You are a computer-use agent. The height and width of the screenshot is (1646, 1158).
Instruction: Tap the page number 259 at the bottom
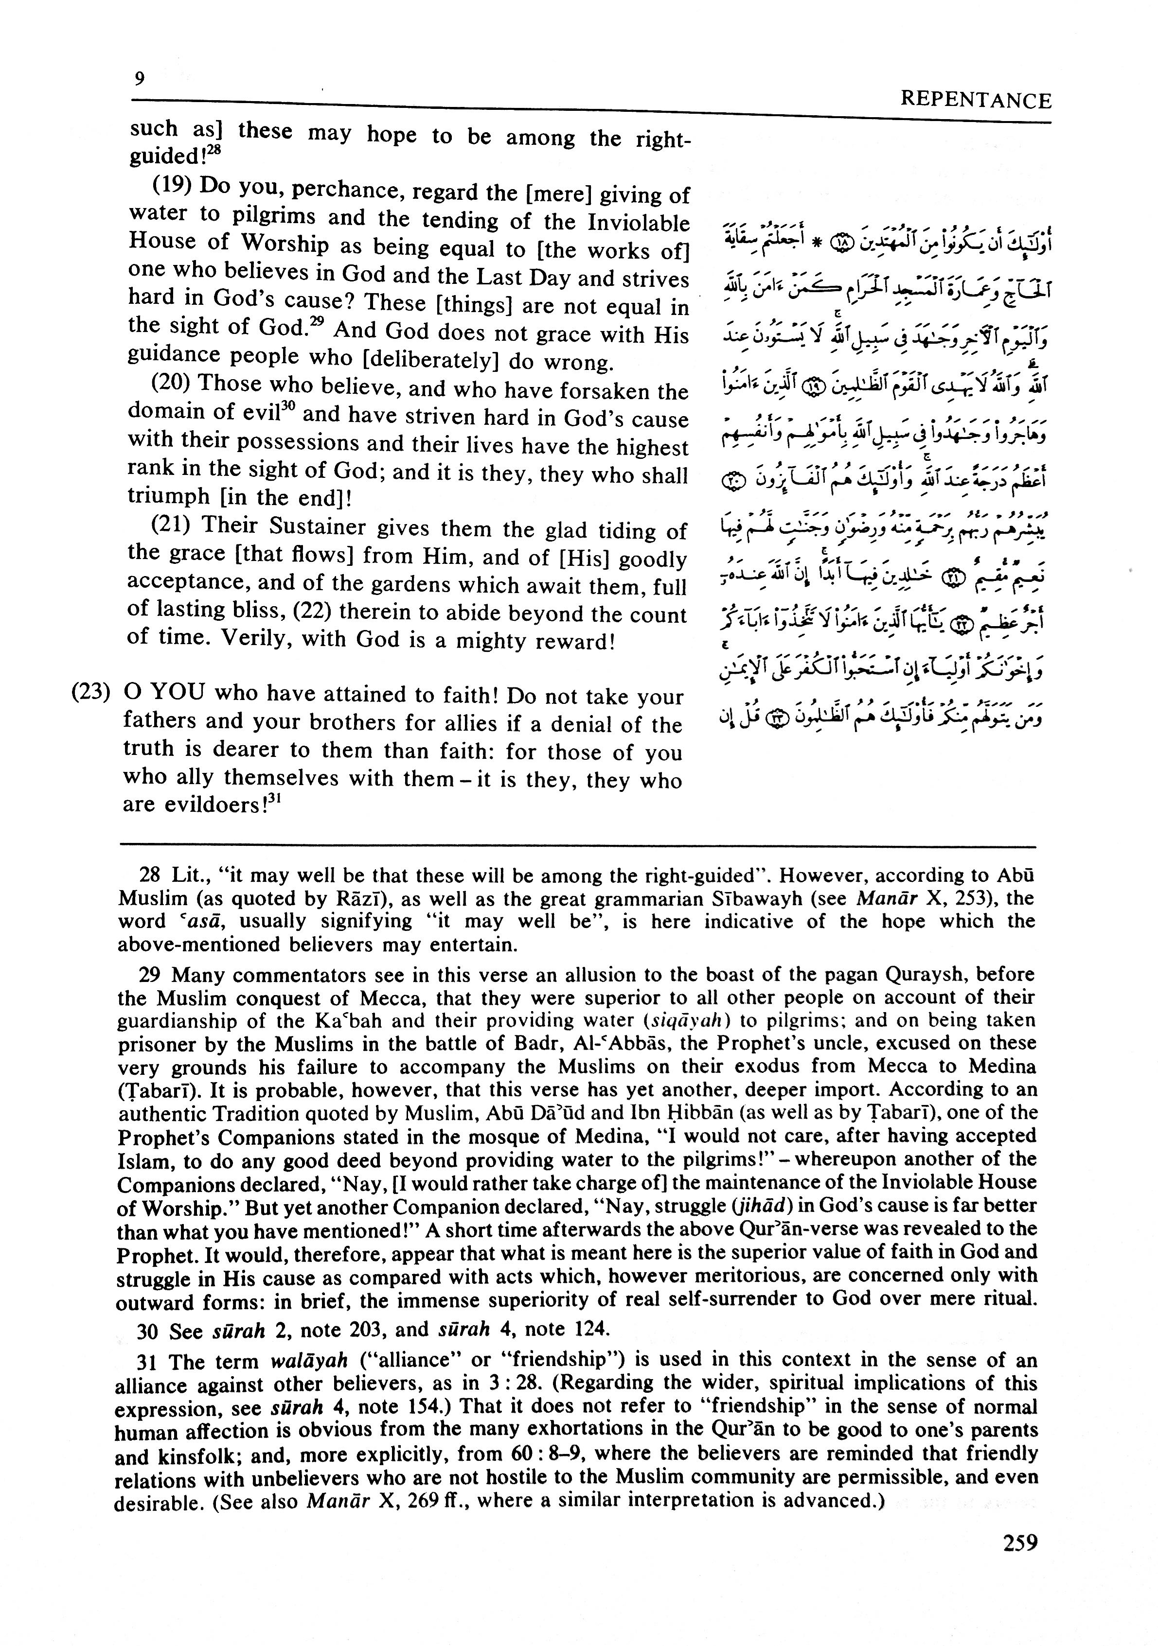pyautogui.click(x=1019, y=1561)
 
